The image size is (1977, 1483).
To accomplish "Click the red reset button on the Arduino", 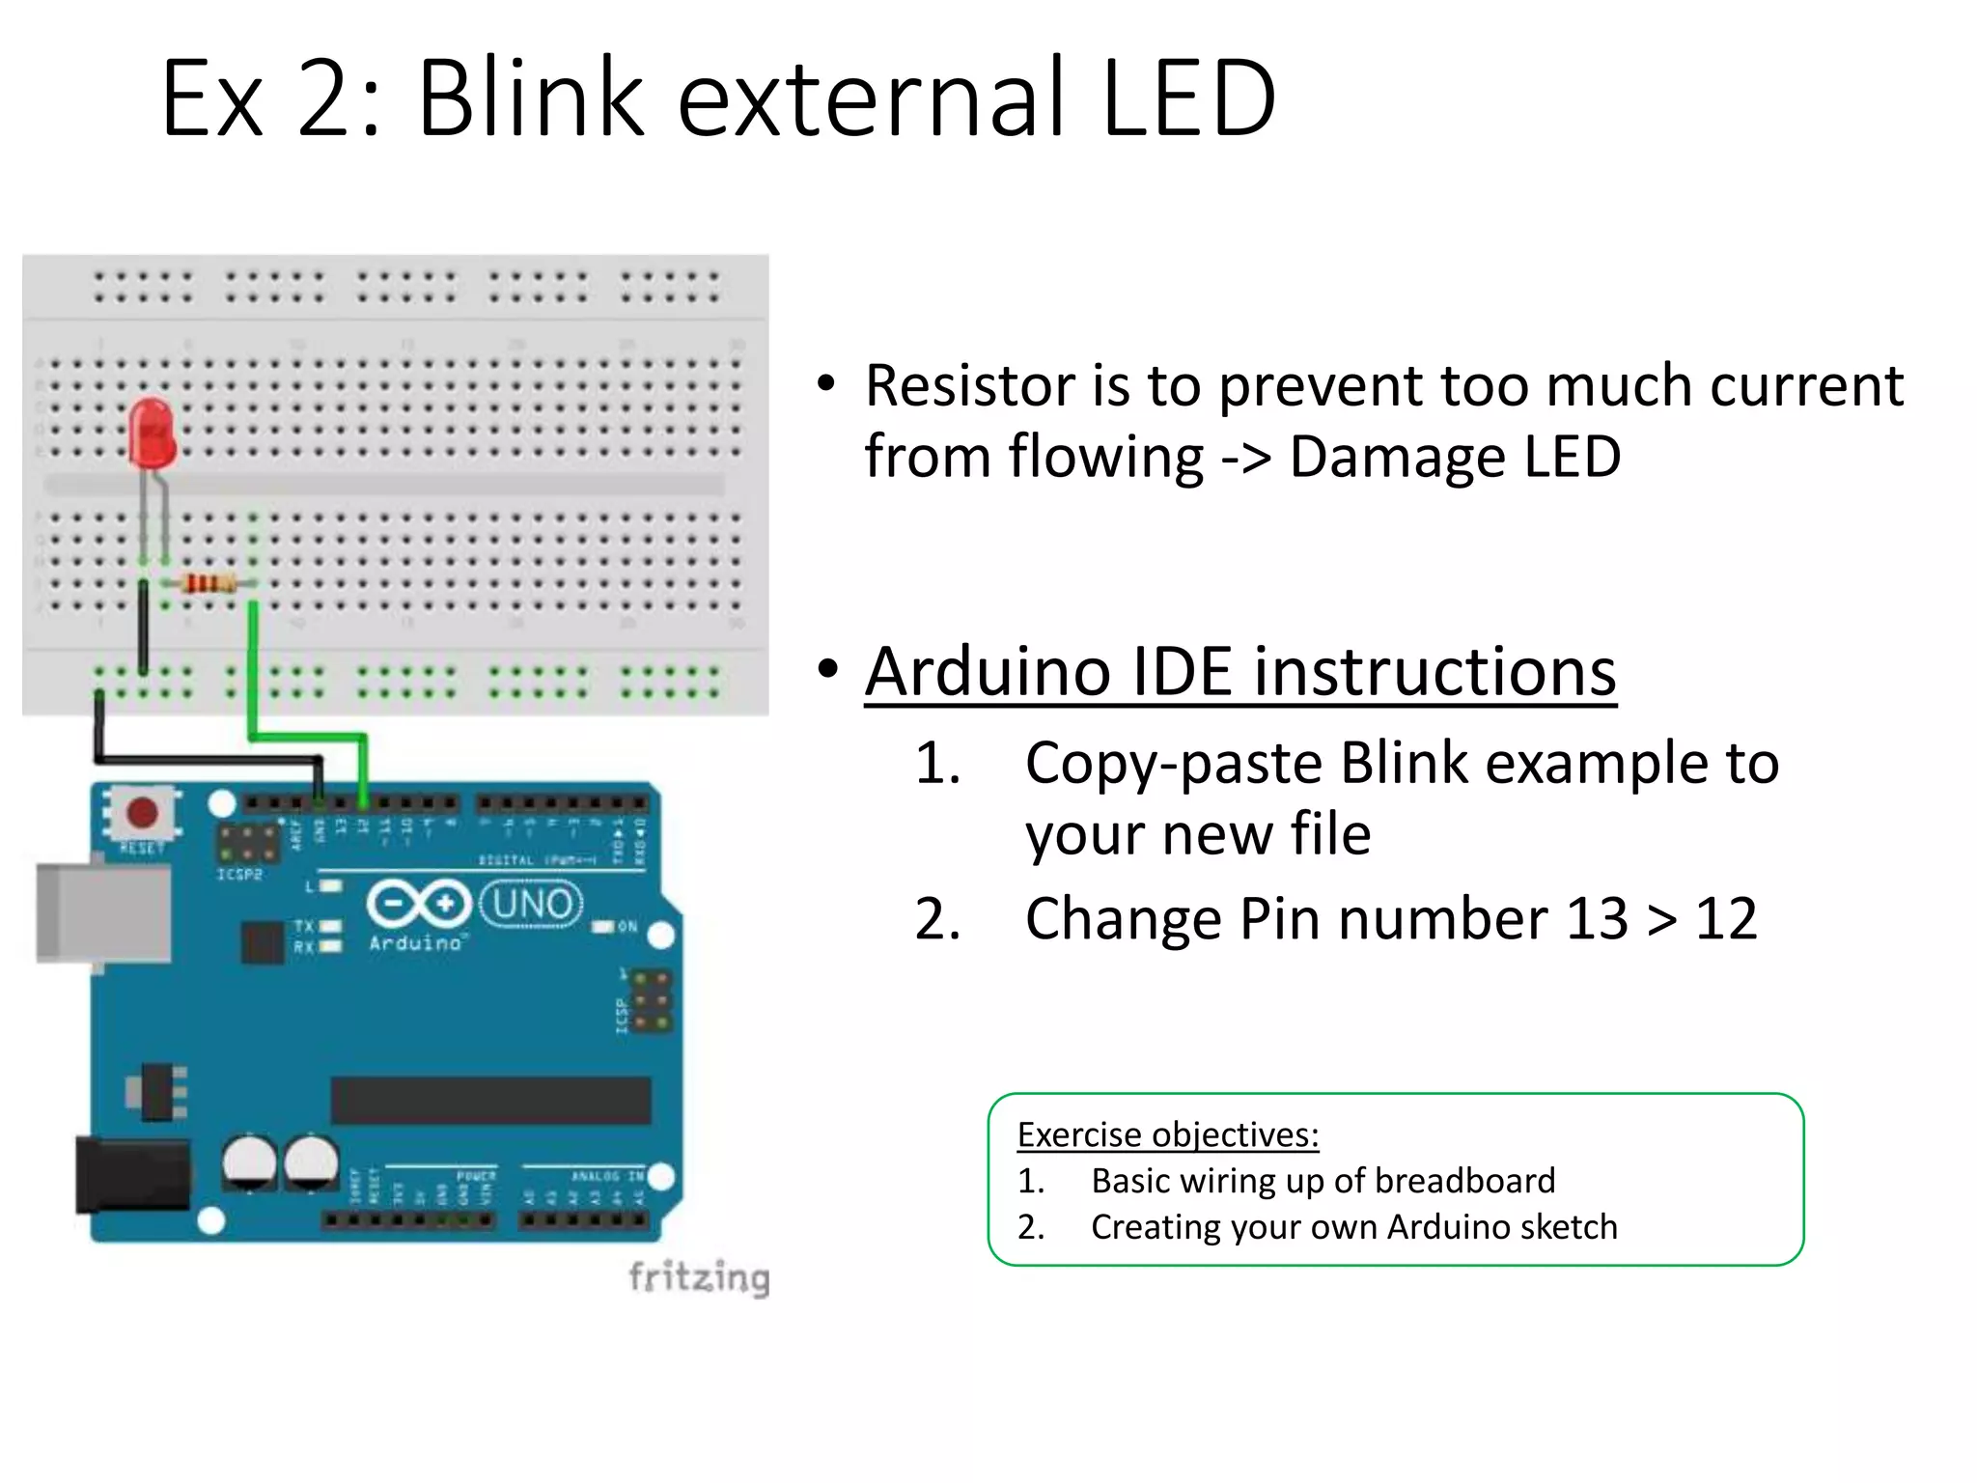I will (x=143, y=812).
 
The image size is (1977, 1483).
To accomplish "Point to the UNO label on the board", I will (x=532, y=905).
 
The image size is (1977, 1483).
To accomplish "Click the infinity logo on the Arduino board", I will (x=418, y=905).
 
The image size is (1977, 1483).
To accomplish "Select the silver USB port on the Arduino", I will (x=102, y=912).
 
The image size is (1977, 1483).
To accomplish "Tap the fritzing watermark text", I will (x=699, y=1277).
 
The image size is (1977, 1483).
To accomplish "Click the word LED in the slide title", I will (x=1188, y=98).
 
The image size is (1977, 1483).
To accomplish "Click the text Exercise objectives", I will (x=1167, y=1134).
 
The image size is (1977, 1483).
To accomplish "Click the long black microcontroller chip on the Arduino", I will (x=490, y=1101).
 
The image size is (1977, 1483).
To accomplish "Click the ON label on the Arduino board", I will (x=627, y=927).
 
